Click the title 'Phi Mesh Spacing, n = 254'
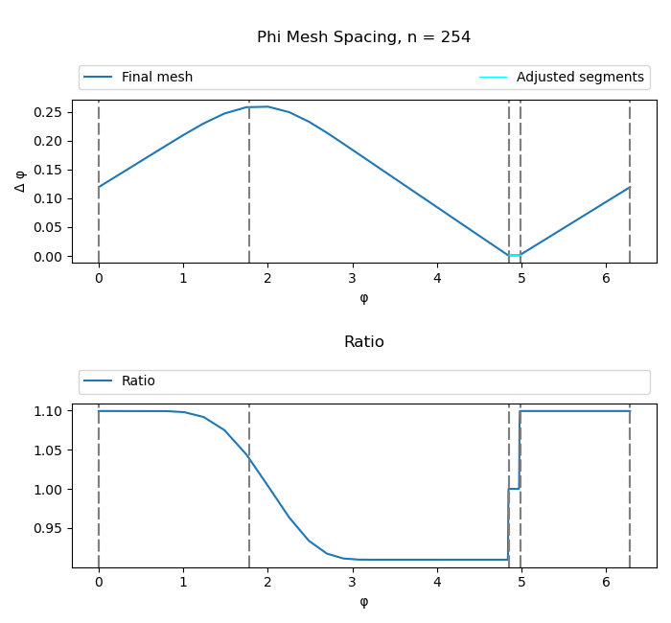tap(363, 37)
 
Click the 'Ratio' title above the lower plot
tap(363, 342)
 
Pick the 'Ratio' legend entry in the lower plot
tap(138, 381)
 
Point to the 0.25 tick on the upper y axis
tap(49, 112)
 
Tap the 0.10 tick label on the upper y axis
tap(49, 198)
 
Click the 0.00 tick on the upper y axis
tap(49, 257)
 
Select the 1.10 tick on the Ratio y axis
tap(49, 411)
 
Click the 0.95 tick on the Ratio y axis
tap(49, 528)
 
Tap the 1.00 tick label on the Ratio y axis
tap(49, 489)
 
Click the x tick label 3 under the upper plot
tap(353, 278)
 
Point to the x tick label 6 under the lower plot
tap(606, 582)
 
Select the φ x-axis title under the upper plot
tap(363, 297)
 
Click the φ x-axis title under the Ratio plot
tap(363, 602)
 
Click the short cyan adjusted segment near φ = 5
tap(515, 255)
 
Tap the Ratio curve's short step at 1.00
tap(514, 489)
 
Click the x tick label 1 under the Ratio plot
tap(183, 582)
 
